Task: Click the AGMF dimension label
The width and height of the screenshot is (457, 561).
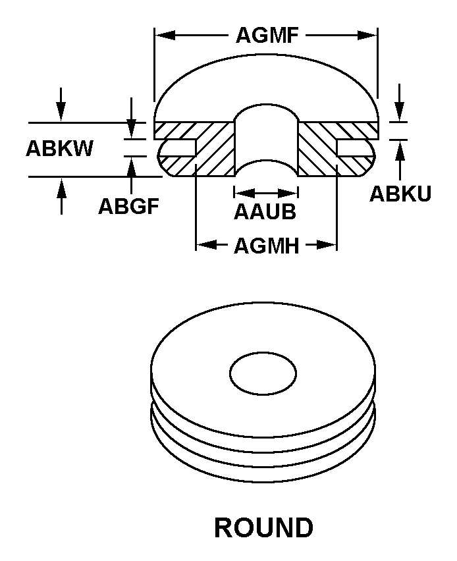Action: tap(267, 35)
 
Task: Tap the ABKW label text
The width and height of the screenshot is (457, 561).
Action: tap(59, 148)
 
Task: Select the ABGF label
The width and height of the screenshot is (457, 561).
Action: tap(129, 206)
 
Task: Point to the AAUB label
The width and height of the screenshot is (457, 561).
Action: tap(265, 211)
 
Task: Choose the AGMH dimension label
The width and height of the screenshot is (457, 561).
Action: tap(267, 246)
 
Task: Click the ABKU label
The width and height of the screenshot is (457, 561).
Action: tap(400, 194)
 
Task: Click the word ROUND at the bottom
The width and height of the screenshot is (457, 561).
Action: tap(264, 527)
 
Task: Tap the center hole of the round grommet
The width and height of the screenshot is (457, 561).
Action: tap(263, 373)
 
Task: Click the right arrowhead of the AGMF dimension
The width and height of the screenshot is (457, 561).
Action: tap(367, 35)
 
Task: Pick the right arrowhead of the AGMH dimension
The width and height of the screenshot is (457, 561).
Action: tap(327, 245)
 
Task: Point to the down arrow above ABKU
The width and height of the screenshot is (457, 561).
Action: tap(400, 112)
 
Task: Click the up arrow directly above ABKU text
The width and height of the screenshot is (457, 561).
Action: tap(400, 150)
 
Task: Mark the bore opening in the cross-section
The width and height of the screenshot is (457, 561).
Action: tap(266, 141)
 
